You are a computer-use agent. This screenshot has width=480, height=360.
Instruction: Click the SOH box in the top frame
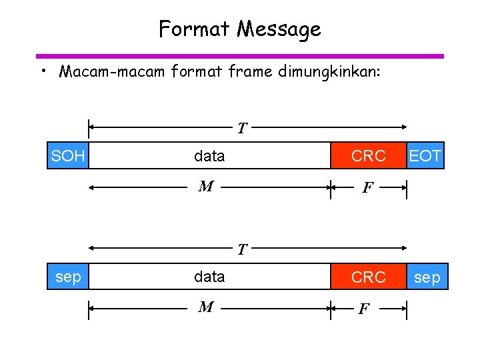tap(67, 156)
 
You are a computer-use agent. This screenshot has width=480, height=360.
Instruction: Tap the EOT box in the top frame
tap(425, 156)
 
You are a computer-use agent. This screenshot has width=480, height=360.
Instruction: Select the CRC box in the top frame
tap(369, 156)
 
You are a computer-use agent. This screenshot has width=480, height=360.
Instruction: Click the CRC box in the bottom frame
tap(369, 277)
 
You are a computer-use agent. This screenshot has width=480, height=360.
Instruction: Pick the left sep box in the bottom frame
tap(67, 277)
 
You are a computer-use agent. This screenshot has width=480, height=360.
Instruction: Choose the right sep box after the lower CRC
tap(427, 277)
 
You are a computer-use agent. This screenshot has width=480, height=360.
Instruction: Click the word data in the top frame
tap(209, 156)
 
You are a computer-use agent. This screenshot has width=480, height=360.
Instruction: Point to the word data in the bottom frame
tap(209, 277)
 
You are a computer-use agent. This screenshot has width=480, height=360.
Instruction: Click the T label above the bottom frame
tap(243, 250)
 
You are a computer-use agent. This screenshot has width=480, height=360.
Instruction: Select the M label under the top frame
tap(206, 187)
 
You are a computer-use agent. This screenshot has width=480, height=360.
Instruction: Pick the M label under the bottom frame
tap(206, 307)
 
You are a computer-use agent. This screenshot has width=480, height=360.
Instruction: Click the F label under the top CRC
tap(367, 189)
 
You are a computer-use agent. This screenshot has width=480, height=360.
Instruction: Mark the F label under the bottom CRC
tap(364, 309)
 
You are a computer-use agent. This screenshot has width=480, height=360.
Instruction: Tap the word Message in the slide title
tap(279, 29)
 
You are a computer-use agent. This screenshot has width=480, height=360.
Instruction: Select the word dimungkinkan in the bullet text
tap(329, 71)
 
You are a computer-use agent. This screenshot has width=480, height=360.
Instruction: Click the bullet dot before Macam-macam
tap(42, 71)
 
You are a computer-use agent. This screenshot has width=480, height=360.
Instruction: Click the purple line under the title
tap(240, 56)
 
